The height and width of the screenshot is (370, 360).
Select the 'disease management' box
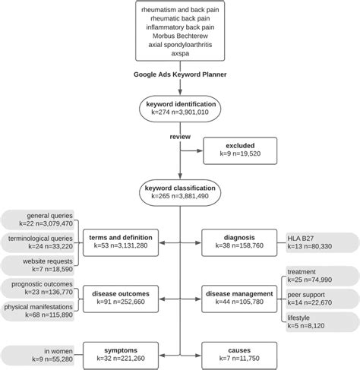pos(242,295)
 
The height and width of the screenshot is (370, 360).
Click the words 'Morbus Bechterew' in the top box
pos(179,36)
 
